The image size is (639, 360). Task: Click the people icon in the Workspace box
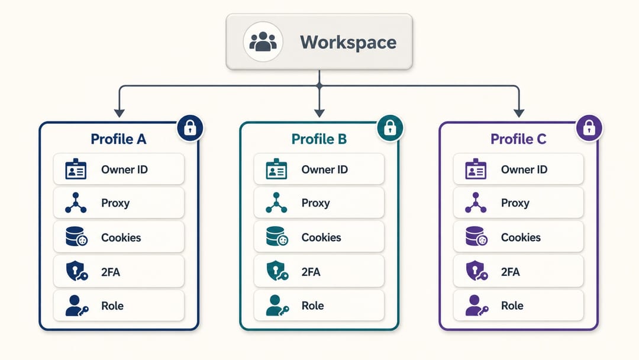[x=263, y=41]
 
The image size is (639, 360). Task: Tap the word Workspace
[x=348, y=43]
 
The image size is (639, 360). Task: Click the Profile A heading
[x=118, y=139]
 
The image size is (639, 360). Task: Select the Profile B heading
[x=319, y=139]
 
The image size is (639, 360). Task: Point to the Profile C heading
[x=518, y=139]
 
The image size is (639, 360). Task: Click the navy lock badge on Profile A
[x=190, y=128]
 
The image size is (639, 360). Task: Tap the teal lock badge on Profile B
[x=390, y=128]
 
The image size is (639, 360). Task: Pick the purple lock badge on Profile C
[x=589, y=128]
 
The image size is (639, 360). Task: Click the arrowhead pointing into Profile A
[x=120, y=113]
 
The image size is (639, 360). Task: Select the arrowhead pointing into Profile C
[x=519, y=113]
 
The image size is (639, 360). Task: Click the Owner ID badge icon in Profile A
[x=76, y=169]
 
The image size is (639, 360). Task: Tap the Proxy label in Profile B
[x=315, y=203]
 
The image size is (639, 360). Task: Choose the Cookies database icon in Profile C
[x=476, y=236]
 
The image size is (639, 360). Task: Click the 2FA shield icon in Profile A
[x=76, y=271]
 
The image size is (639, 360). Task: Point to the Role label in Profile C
[x=512, y=306]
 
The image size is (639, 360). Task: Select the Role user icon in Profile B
[x=277, y=306]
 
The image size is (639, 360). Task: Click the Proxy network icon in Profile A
[x=76, y=202]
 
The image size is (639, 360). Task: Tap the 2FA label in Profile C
[x=510, y=272]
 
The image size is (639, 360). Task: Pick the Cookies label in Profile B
[x=321, y=237]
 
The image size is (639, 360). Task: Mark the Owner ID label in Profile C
[x=524, y=169]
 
